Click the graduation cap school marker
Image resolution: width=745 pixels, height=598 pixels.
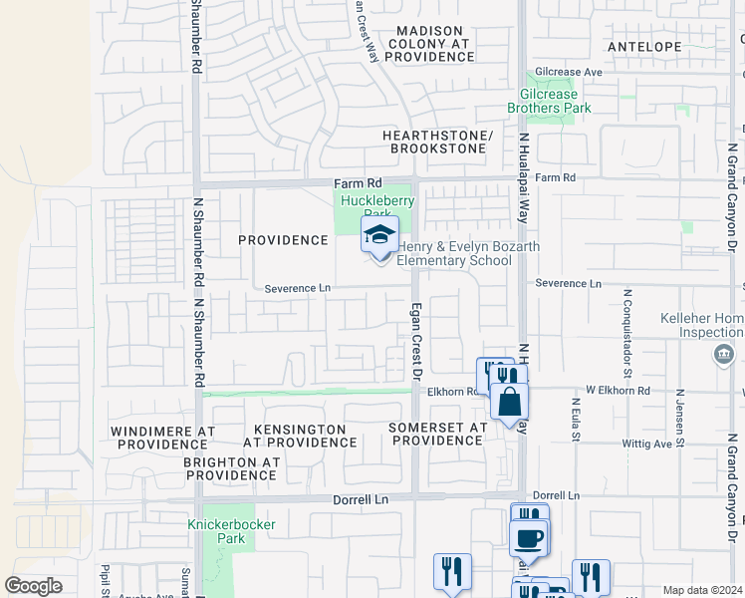[x=379, y=236]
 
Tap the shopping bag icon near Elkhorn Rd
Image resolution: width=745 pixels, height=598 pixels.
[x=509, y=403]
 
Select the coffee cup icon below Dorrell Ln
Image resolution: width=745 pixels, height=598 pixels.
[x=529, y=538]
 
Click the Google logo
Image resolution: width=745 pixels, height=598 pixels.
[x=33, y=586]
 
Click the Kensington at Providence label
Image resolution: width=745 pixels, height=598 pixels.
[x=299, y=436]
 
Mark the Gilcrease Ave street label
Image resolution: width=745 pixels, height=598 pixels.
[x=569, y=73]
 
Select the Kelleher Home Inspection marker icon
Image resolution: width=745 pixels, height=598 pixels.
[x=724, y=354]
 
